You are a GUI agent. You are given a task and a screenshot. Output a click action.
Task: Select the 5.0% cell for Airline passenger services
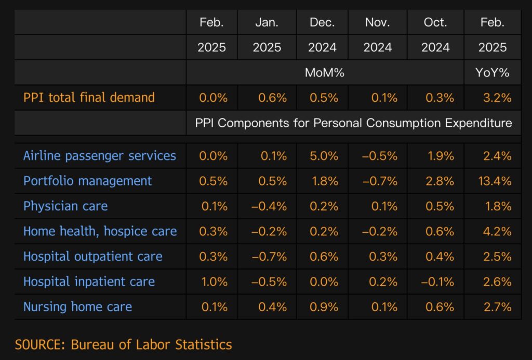(324, 156)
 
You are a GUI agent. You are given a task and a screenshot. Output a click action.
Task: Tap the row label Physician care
(65, 206)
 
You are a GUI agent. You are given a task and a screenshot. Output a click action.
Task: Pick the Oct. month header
(435, 22)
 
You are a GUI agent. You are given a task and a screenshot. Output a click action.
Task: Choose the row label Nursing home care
(77, 307)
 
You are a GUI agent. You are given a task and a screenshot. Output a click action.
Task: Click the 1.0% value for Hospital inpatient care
(215, 282)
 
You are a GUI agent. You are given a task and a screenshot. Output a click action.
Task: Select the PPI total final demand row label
(89, 97)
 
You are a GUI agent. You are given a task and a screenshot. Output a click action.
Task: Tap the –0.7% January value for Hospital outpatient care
(269, 257)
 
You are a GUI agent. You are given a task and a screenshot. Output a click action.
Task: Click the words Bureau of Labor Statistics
(151, 344)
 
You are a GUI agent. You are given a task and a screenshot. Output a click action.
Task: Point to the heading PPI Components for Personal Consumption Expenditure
(353, 123)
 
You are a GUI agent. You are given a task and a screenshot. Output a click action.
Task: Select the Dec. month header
(323, 22)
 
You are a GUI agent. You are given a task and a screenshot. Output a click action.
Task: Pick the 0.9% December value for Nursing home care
(324, 307)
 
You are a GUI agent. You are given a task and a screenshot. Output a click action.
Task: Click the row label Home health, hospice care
(100, 231)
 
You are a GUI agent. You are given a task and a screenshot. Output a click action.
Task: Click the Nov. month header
(378, 22)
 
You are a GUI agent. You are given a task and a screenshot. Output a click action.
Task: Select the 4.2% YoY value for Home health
(497, 231)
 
